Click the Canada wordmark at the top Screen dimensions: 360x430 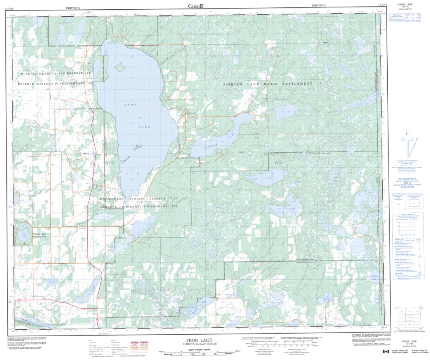click(196, 5)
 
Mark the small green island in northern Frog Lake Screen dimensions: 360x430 click(120, 68)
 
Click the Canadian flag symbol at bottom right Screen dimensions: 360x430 click(386, 351)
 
